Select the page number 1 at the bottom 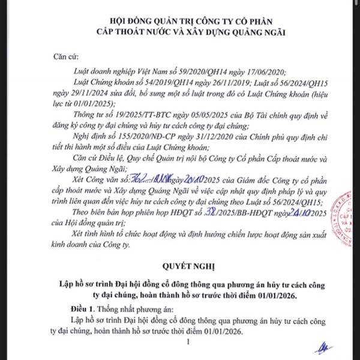[188, 342]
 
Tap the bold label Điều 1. [83, 307]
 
